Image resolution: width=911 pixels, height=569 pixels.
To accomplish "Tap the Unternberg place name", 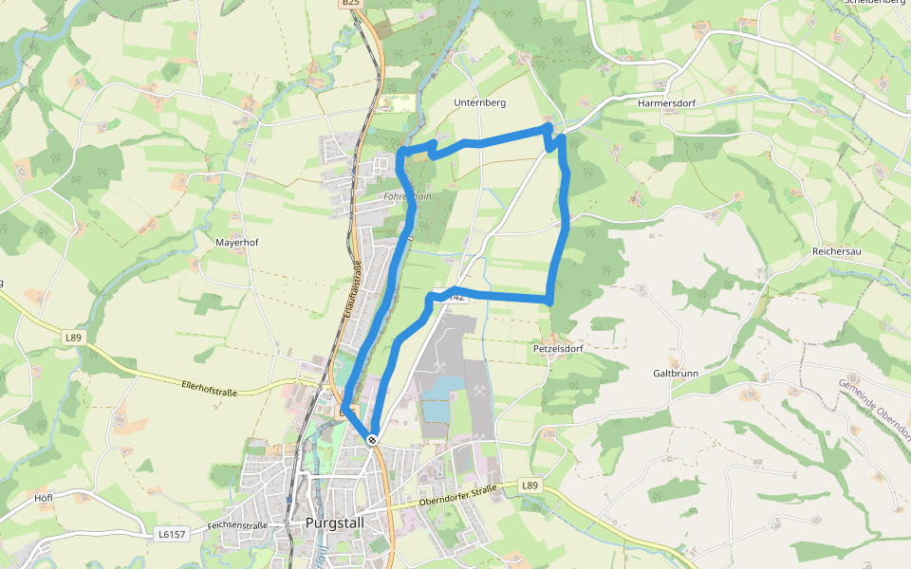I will [479, 101].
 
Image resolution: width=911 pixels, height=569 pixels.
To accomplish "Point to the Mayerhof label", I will [237, 242].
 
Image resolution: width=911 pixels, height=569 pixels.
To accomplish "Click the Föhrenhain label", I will [408, 196].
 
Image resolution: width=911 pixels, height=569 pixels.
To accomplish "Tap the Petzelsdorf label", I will [557, 348].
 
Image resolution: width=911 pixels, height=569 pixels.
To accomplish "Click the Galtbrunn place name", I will [675, 373].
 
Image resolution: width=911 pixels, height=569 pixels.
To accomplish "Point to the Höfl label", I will [43, 498].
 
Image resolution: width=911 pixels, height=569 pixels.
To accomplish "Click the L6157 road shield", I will [170, 535].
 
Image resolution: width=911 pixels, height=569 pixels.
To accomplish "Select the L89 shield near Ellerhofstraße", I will [73, 337].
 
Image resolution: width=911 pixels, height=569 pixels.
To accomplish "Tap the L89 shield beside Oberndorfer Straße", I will [530, 486].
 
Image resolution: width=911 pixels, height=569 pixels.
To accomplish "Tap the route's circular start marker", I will [373, 439].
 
